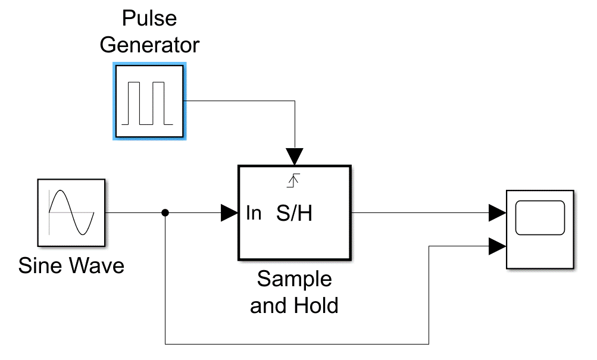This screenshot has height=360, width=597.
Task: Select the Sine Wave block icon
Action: [x=72, y=212]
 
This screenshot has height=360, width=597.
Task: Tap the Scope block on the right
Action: [x=539, y=229]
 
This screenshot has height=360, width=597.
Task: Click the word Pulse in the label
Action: [x=149, y=18]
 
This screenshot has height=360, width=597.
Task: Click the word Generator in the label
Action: [x=149, y=45]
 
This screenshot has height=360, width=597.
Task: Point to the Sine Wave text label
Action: [x=71, y=265]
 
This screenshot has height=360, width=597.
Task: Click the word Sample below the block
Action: [x=294, y=278]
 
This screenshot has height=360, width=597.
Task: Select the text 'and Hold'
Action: [x=294, y=305]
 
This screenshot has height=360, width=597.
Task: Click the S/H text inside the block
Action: [x=294, y=214]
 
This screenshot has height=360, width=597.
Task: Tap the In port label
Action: [x=254, y=213]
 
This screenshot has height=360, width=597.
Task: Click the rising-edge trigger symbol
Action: [x=292, y=180]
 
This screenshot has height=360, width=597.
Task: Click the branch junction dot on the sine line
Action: [x=165, y=212]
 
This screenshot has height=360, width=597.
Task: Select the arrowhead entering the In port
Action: [x=229, y=212]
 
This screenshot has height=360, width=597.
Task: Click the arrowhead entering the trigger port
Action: [x=294, y=156]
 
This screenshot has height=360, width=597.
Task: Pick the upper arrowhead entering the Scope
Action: [x=497, y=212]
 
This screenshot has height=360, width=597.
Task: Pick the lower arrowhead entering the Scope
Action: [x=497, y=246]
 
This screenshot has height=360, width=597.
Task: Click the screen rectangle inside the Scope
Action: [x=539, y=218]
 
